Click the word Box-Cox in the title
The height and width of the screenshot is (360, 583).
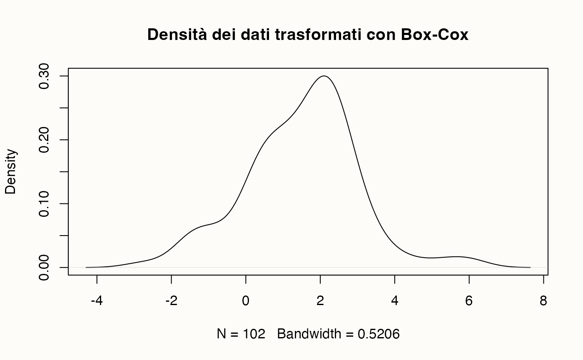click(434, 35)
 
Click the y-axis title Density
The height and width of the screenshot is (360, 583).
click(11, 171)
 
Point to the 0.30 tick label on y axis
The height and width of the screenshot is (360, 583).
click(45, 76)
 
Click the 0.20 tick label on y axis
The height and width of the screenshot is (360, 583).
click(45, 140)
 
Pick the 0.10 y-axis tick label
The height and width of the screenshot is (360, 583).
click(45, 204)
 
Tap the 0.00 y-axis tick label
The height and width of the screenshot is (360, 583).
click(45, 267)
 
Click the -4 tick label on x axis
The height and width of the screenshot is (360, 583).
click(97, 301)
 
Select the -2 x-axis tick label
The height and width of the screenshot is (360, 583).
click(171, 301)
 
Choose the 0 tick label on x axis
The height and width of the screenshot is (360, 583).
click(246, 301)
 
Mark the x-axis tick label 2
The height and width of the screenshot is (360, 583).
click(320, 301)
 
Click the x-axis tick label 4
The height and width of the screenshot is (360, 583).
click(395, 301)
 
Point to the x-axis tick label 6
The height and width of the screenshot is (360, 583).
click(469, 301)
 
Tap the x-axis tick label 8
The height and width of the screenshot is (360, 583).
click(543, 301)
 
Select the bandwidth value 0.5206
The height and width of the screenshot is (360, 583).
click(379, 334)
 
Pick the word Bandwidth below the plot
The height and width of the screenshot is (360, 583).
click(308, 334)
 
